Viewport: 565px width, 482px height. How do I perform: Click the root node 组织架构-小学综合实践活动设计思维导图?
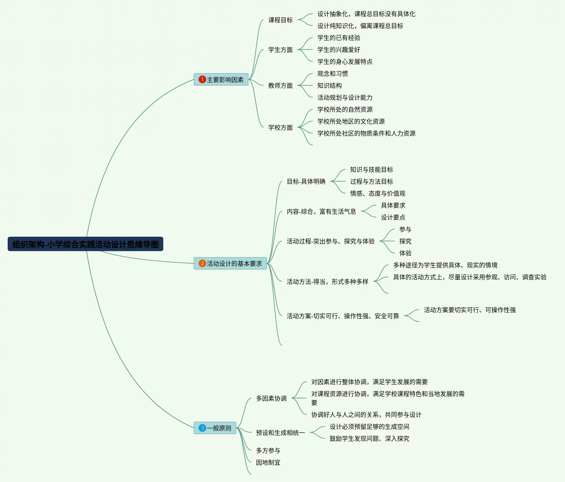tap(85, 244)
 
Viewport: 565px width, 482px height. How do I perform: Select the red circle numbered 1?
tap(202, 79)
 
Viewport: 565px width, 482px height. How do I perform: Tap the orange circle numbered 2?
tap(202, 264)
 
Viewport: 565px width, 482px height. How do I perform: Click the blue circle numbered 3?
tap(202, 428)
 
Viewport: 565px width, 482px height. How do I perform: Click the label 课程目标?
tap(280, 20)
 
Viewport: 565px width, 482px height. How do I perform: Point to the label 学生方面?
tap(280, 50)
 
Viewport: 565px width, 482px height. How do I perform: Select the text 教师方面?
tap(280, 85)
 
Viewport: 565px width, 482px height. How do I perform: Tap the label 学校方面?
tap(280, 127)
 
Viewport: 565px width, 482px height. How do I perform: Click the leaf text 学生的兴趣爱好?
tap(339, 50)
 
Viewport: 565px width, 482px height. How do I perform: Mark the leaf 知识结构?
tap(329, 85)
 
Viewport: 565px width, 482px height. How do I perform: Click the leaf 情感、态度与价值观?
tap(377, 193)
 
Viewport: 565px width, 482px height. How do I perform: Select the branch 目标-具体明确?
tap(306, 181)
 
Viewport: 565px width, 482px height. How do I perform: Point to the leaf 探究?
tap(405, 241)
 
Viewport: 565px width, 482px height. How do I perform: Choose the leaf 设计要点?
tap(393, 217)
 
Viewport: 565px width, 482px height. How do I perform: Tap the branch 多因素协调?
tap(271, 398)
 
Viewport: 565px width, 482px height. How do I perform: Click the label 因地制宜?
tap(268, 462)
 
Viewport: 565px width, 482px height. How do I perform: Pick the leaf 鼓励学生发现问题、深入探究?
tap(369, 438)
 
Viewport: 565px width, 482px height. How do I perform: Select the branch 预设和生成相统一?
tap(280, 433)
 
